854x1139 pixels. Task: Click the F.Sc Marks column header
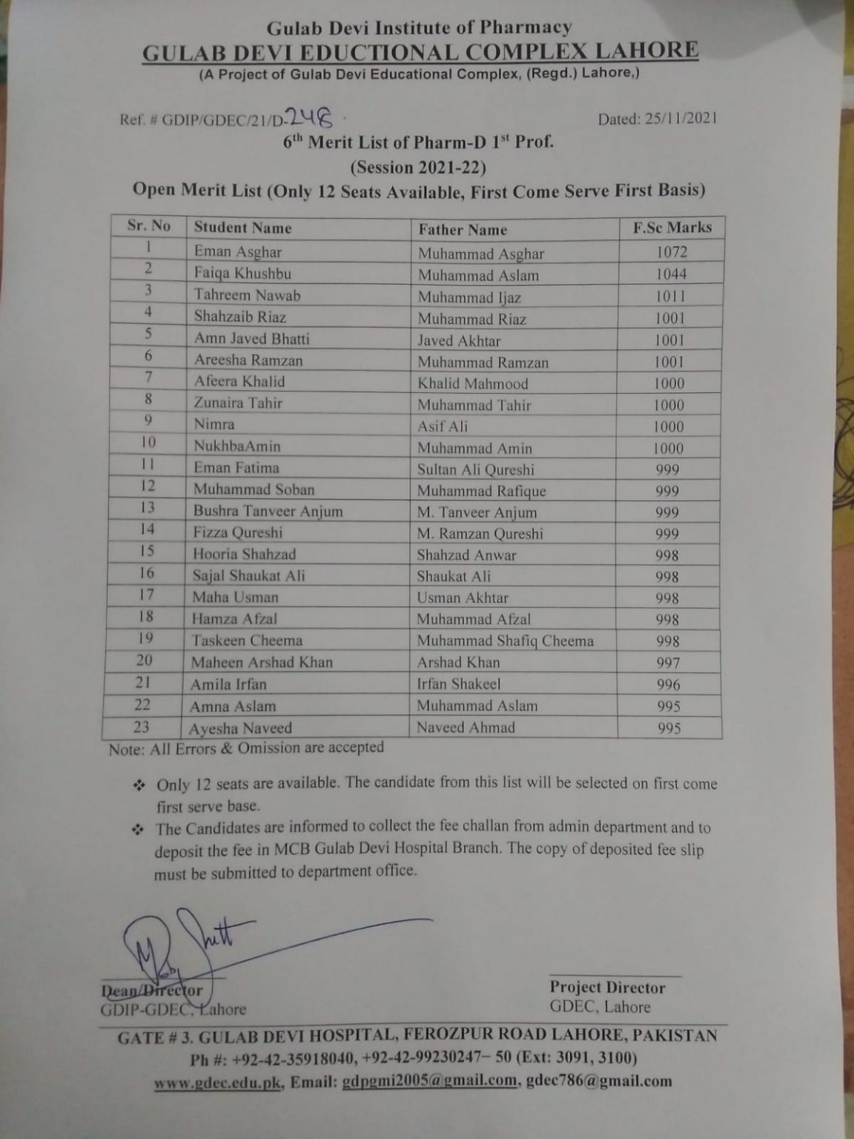[672, 228]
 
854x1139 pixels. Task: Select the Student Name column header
[242, 228]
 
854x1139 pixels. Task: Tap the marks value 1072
[672, 252]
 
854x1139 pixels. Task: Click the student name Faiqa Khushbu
[242, 273]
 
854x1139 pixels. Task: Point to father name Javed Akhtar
[459, 340]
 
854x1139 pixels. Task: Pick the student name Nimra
[214, 424]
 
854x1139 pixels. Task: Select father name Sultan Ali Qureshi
[475, 469]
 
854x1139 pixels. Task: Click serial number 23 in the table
[141, 727]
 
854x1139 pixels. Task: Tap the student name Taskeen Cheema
[247, 641]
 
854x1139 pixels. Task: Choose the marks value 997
[668, 663]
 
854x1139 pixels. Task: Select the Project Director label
[607, 988]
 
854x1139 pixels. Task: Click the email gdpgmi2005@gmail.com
[429, 1080]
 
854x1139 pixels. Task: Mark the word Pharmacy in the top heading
[525, 28]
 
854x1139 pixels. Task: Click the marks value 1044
[671, 274]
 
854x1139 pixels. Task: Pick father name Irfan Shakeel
[458, 684]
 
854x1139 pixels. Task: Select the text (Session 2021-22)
[418, 166]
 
